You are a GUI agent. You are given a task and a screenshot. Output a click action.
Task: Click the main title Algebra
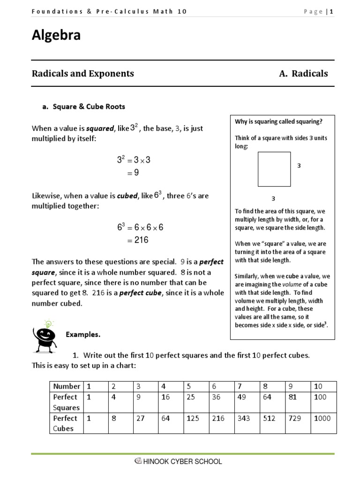[56, 36]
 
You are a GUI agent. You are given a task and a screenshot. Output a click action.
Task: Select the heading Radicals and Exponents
[82, 74]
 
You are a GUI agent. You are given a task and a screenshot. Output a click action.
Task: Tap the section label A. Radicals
[303, 74]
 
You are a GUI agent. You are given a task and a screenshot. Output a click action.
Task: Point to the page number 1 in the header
[331, 12]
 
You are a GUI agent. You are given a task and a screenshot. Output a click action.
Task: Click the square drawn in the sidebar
[274, 169]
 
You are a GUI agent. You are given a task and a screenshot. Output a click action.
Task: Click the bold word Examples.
[83, 335]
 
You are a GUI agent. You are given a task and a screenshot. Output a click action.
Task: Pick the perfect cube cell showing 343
[244, 418]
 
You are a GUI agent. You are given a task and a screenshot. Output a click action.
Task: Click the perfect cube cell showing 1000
[322, 418]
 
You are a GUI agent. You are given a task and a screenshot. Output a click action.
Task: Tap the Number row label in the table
[67, 386]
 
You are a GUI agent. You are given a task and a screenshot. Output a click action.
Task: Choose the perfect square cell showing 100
[321, 397]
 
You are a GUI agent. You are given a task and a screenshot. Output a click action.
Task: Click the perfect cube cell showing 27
[141, 418]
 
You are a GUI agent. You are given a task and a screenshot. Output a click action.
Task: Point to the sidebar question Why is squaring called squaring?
[278, 122]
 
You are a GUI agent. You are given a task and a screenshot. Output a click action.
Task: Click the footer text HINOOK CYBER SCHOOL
[181, 462]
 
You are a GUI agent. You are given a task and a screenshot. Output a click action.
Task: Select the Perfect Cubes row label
[66, 423]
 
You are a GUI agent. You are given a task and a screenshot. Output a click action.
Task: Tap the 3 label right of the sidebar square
[299, 166]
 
